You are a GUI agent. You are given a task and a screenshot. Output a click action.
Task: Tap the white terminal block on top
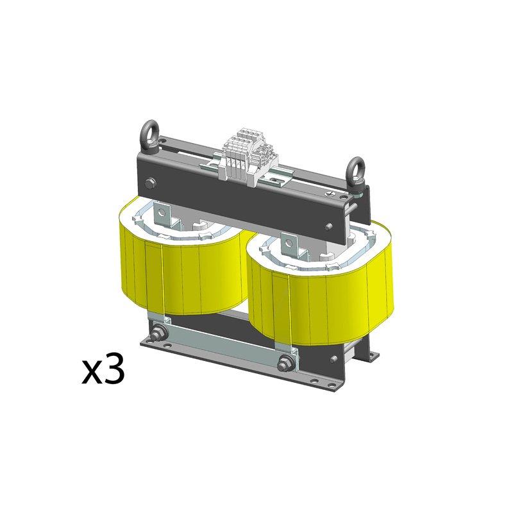point(246,157)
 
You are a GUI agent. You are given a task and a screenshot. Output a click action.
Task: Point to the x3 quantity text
point(103,371)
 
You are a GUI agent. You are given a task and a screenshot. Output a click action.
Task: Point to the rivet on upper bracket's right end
point(328,226)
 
